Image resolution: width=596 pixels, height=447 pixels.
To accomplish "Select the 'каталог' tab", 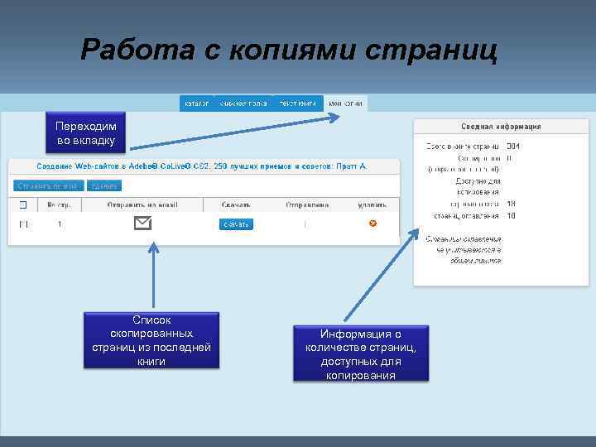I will [196, 103].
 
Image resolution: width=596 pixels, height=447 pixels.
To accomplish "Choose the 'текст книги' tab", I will [297, 103].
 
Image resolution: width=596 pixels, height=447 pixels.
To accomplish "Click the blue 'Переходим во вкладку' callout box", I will [86, 134].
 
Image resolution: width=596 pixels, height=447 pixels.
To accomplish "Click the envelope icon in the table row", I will [143, 223].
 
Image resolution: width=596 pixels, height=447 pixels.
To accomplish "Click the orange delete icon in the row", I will [372, 223].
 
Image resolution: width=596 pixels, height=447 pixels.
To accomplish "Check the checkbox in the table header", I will [23, 204].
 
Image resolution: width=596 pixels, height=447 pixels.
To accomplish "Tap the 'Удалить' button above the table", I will [103, 185].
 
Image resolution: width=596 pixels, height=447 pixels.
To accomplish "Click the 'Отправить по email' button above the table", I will [48, 185].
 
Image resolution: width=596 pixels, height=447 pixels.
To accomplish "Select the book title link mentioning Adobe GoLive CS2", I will [200, 166].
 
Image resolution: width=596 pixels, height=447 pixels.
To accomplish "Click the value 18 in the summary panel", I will [511, 203].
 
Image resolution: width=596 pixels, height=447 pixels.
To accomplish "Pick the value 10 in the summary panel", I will [511, 215].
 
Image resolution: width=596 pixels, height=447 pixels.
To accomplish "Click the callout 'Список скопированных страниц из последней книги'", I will [152, 340].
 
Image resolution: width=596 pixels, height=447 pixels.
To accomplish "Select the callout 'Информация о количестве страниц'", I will [361, 354].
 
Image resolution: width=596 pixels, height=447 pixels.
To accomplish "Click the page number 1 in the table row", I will [60, 223].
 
